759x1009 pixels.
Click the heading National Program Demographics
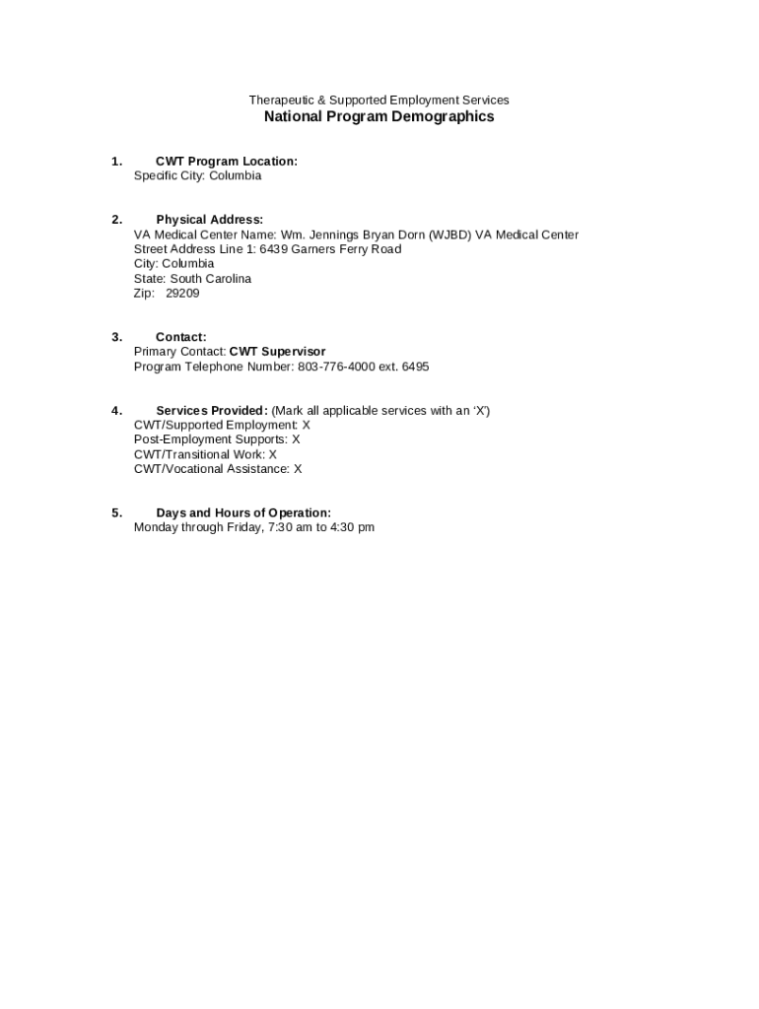[x=379, y=117]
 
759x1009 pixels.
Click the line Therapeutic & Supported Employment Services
[x=379, y=101]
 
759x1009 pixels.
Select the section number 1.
[x=116, y=162]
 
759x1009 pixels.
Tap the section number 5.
[x=116, y=513]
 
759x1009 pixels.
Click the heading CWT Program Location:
[x=226, y=162]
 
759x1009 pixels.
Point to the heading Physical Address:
[x=209, y=220]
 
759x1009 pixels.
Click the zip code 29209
[x=182, y=294]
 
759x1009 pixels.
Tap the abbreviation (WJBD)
[x=449, y=235]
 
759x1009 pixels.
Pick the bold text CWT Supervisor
[x=277, y=352]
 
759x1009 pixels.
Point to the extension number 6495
[x=415, y=367]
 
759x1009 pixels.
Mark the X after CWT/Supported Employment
[x=306, y=426]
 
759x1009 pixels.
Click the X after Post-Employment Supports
[x=296, y=439]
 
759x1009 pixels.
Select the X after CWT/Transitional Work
[x=273, y=455]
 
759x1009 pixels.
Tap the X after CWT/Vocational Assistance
[x=298, y=469]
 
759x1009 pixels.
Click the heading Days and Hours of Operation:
[x=243, y=513]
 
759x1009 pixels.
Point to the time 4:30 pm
[x=352, y=528]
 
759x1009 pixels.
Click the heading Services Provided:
[x=211, y=411]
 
